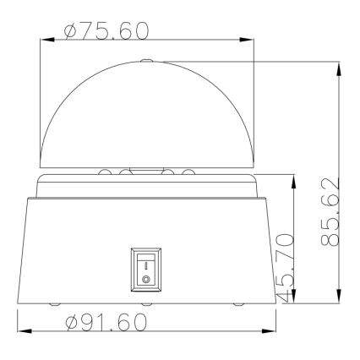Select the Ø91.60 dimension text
[107, 323]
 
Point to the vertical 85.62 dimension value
[331, 212]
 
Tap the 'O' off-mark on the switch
[145, 276]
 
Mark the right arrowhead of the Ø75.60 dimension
[251, 39]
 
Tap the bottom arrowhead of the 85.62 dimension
[339, 299]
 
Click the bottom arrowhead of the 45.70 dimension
[293, 299]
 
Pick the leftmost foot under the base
[55, 303]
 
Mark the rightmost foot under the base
[237, 303]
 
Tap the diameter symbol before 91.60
[72, 323]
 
